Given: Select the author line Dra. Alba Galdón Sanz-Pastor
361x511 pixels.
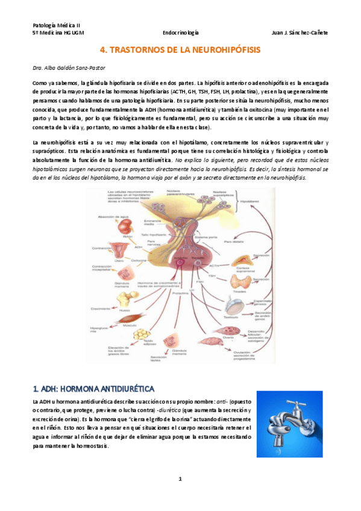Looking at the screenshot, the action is [68, 68].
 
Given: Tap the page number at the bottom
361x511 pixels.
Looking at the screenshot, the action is [180, 478].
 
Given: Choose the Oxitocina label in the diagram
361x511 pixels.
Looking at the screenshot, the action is [138, 261].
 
